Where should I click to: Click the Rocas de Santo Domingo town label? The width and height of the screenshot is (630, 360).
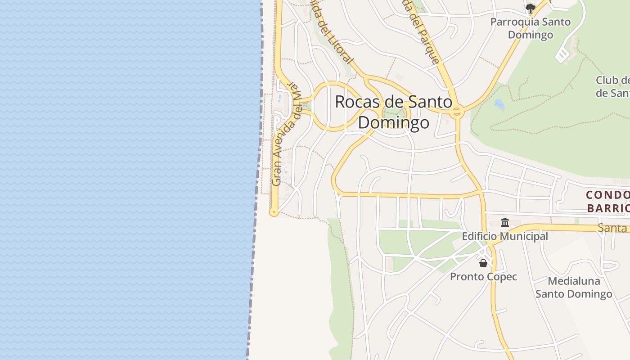point(394,112)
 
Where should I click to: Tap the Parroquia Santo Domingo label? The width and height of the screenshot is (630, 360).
point(530,28)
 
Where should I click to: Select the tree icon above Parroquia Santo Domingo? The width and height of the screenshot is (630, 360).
point(531,8)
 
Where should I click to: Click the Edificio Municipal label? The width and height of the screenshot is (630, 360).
point(505,236)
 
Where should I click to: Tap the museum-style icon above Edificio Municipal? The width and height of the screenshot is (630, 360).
point(504,222)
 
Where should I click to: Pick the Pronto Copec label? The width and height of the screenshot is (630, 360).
point(483,277)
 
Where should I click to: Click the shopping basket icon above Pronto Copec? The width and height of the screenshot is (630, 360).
point(483,263)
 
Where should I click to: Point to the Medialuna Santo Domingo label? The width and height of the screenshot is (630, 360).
point(574,288)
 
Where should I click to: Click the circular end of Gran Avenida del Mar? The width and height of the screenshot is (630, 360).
point(274,212)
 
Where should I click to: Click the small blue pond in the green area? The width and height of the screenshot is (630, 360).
point(499,104)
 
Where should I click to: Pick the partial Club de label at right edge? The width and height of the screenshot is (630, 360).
point(612,86)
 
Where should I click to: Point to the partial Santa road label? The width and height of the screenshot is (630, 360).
point(612,228)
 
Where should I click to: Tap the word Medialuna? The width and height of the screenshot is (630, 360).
point(574,281)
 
